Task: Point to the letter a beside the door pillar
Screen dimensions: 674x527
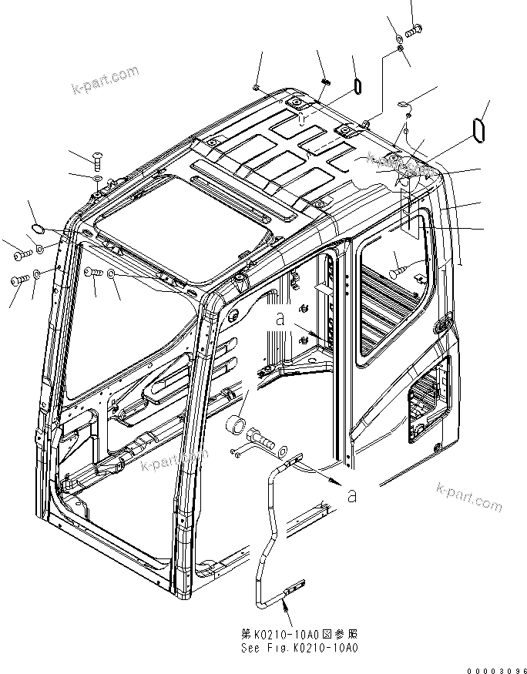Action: click(282, 317)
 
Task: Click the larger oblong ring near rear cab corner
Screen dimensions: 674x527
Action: click(478, 129)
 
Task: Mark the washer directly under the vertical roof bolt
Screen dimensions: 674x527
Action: click(96, 179)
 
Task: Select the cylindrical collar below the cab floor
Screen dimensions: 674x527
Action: click(237, 424)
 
